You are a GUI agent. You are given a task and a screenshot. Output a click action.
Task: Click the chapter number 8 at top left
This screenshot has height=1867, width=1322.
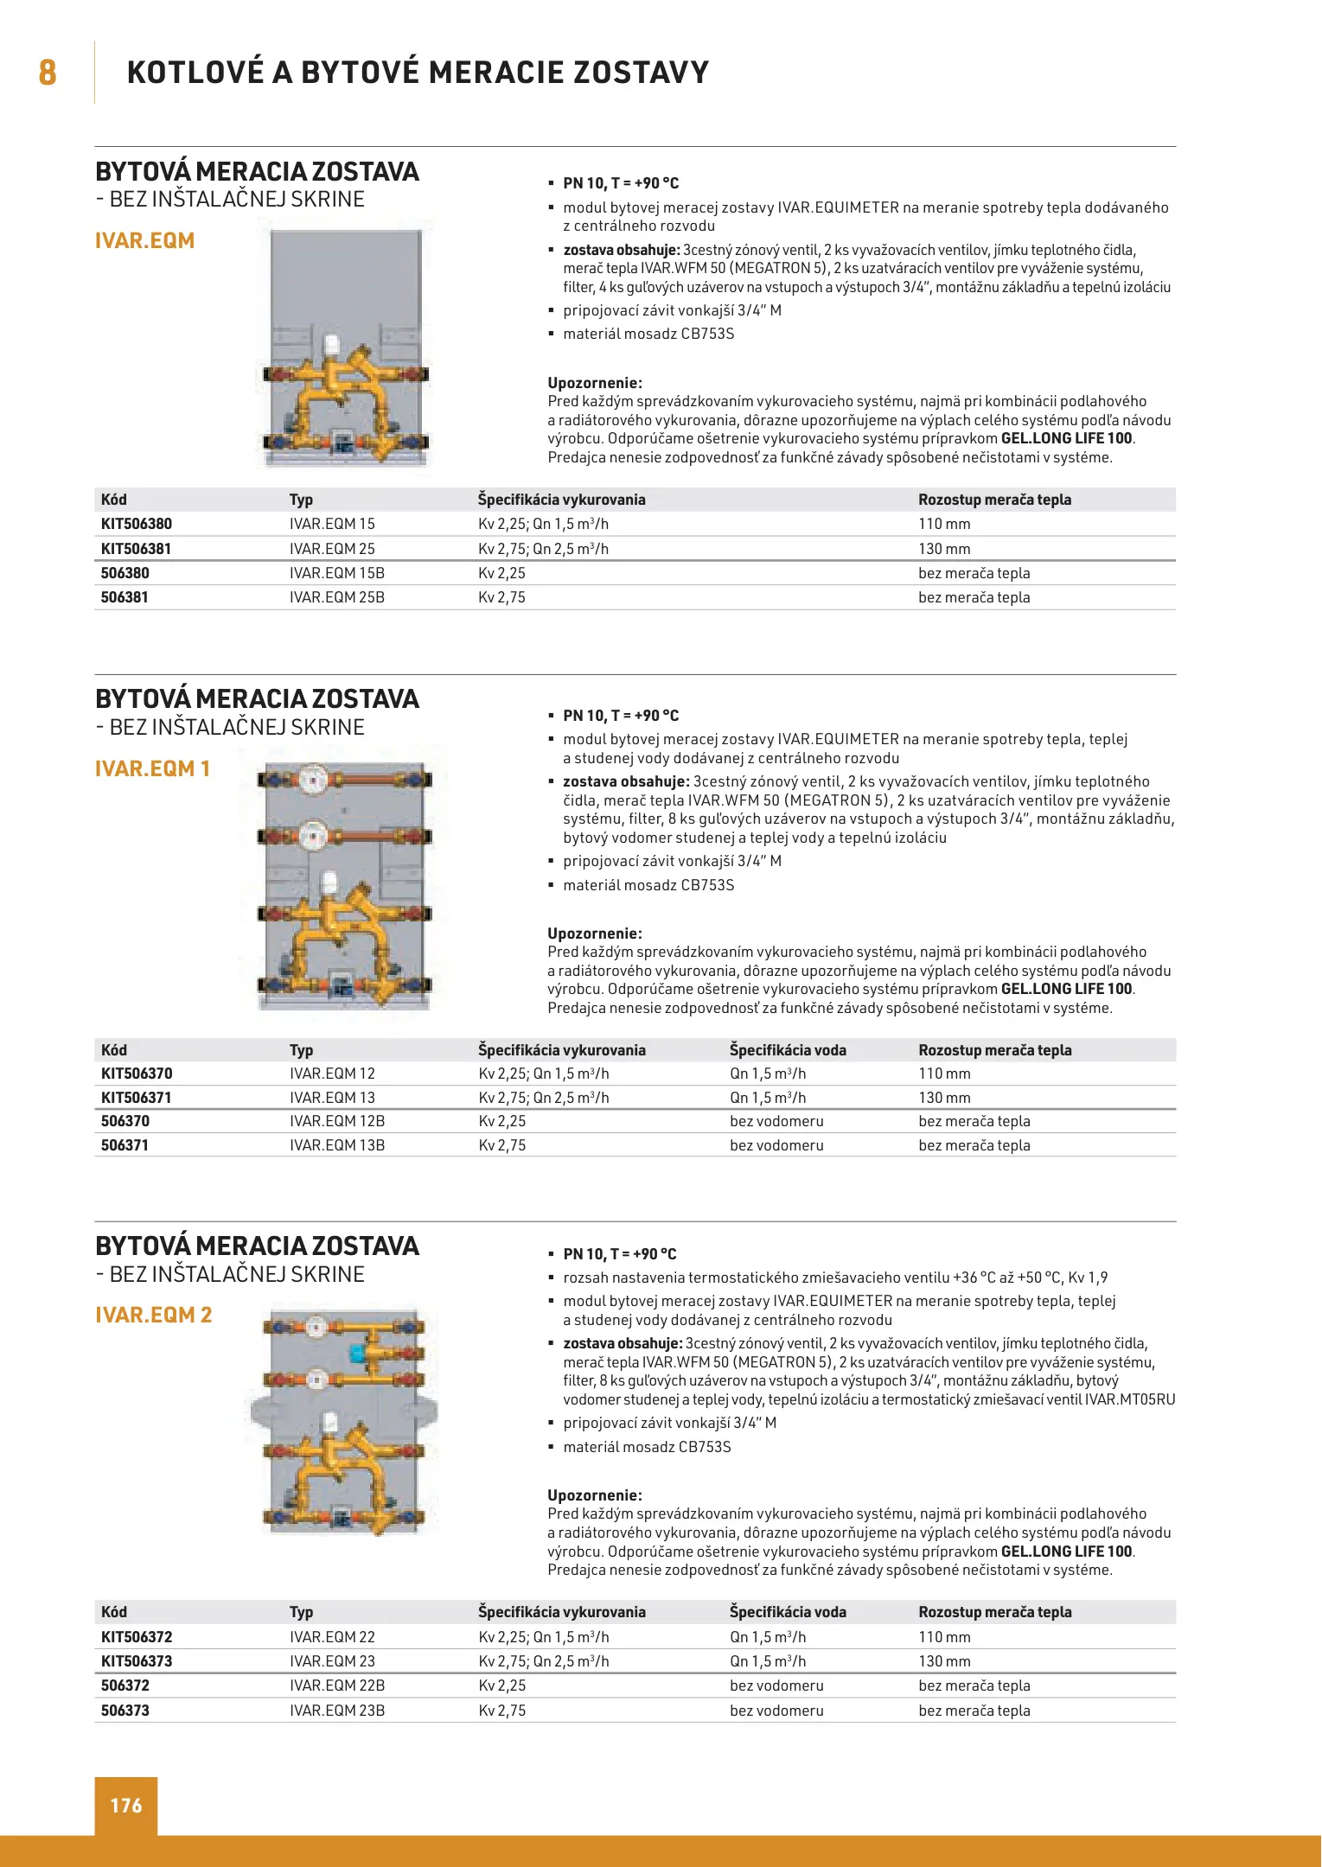click(x=48, y=72)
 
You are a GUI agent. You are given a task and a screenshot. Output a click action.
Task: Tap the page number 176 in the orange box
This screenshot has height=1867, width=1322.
click(x=125, y=1805)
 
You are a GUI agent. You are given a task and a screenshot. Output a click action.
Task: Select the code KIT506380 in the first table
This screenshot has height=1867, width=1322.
click(x=137, y=524)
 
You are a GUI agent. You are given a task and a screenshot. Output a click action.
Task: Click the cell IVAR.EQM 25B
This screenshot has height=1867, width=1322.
click(x=337, y=597)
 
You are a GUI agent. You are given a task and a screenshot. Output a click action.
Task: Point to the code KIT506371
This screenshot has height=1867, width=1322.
click(x=137, y=1098)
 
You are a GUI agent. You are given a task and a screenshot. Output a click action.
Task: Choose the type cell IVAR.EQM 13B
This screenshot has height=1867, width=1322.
click(x=337, y=1145)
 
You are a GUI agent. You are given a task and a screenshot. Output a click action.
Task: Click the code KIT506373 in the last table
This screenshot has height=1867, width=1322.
click(x=137, y=1661)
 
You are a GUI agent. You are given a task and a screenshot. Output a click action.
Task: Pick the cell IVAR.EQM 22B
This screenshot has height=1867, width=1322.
click(x=337, y=1685)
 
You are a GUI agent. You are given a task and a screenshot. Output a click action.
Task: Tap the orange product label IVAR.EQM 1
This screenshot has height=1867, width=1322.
click(x=153, y=768)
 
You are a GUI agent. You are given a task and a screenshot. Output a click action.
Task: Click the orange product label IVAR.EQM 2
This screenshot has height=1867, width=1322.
click(x=154, y=1315)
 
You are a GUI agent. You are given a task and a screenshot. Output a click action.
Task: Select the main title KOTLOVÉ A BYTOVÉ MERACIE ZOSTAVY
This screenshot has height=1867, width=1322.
click(x=418, y=72)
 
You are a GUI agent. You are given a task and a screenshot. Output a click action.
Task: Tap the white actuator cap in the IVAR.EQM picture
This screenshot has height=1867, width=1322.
click(x=332, y=345)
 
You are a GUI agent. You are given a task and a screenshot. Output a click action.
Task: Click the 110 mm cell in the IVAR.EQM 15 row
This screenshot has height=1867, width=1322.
click(x=944, y=524)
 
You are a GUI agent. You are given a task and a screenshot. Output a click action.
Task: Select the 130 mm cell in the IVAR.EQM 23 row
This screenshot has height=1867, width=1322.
click(x=944, y=1661)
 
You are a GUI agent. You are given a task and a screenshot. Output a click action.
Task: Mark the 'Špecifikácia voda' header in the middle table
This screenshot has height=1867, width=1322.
click(x=788, y=1050)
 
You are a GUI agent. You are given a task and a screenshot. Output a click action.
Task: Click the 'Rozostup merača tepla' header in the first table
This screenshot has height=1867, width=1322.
click(x=994, y=500)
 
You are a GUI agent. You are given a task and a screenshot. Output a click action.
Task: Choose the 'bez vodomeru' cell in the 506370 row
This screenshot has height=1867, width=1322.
click(x=776, y=1121)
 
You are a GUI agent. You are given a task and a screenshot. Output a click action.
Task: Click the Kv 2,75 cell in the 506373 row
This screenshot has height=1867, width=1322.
click(x=502, y=1711)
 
